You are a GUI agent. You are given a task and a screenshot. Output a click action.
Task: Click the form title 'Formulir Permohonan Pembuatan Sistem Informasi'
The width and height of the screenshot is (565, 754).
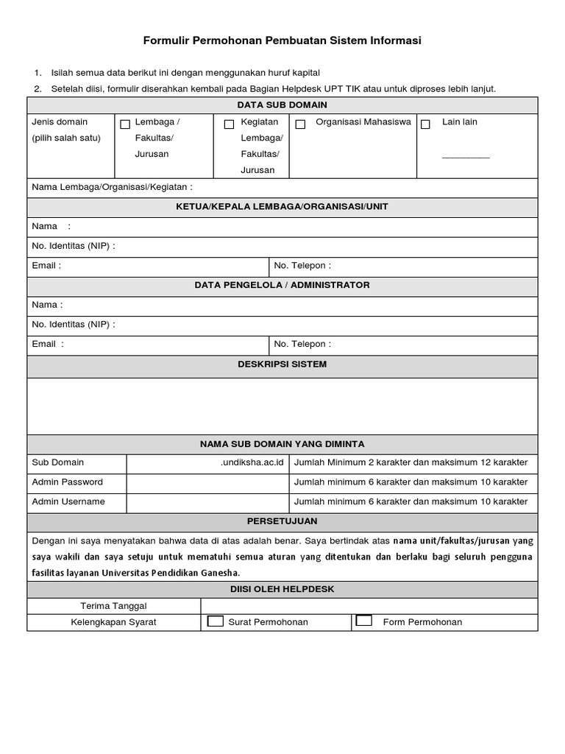282,41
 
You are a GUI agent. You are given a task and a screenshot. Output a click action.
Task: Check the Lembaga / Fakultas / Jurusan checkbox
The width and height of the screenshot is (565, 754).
125,124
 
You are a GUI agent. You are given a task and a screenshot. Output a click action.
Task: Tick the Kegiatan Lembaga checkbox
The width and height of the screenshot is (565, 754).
229,124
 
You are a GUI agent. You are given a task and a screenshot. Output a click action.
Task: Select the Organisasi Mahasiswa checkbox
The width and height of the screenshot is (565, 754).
300,124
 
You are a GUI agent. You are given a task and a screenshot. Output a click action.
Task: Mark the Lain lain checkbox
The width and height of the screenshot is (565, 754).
425,124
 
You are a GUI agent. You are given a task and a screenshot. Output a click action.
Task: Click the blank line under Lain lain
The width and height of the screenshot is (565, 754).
465,156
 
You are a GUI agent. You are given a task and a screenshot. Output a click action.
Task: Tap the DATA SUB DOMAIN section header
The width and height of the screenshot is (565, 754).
282,105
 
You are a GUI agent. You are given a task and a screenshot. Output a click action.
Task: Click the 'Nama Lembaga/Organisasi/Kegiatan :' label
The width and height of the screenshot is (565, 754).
112,187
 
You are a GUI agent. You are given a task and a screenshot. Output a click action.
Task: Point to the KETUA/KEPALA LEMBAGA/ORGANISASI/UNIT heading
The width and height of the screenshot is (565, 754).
282,207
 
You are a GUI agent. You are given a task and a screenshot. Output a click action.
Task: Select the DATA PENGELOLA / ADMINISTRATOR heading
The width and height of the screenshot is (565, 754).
282,285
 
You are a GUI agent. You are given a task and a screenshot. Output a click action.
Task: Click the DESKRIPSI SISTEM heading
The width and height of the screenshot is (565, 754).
282,364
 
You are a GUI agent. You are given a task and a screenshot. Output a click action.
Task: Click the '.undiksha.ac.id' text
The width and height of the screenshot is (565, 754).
252,462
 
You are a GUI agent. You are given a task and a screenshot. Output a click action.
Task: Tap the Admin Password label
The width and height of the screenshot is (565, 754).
68,482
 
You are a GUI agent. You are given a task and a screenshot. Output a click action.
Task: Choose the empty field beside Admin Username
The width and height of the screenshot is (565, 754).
207,502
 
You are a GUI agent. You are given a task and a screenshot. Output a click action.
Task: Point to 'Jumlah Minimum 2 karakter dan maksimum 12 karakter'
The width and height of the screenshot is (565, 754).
411,462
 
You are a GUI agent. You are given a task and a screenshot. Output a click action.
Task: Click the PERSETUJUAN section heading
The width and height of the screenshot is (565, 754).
282,521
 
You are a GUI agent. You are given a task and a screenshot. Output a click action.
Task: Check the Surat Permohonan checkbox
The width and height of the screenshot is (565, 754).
216,621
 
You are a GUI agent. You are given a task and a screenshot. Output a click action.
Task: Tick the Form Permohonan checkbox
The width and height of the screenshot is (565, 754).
363,621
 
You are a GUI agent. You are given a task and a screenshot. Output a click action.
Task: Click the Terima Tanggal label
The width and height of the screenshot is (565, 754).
113,605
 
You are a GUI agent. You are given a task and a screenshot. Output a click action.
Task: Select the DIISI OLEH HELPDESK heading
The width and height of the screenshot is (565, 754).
282,589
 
